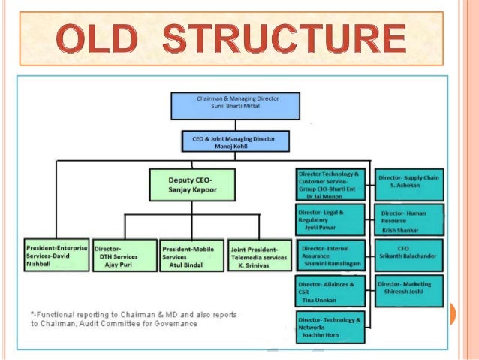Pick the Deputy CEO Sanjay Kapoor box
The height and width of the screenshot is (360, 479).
pos(191,185)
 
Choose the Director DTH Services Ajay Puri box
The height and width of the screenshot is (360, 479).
pos(125,256)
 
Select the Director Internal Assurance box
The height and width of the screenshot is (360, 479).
pos(331,256)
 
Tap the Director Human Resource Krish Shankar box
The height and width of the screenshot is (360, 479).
pos(409,219)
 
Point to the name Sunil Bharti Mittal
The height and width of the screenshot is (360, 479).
pos(236,108)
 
